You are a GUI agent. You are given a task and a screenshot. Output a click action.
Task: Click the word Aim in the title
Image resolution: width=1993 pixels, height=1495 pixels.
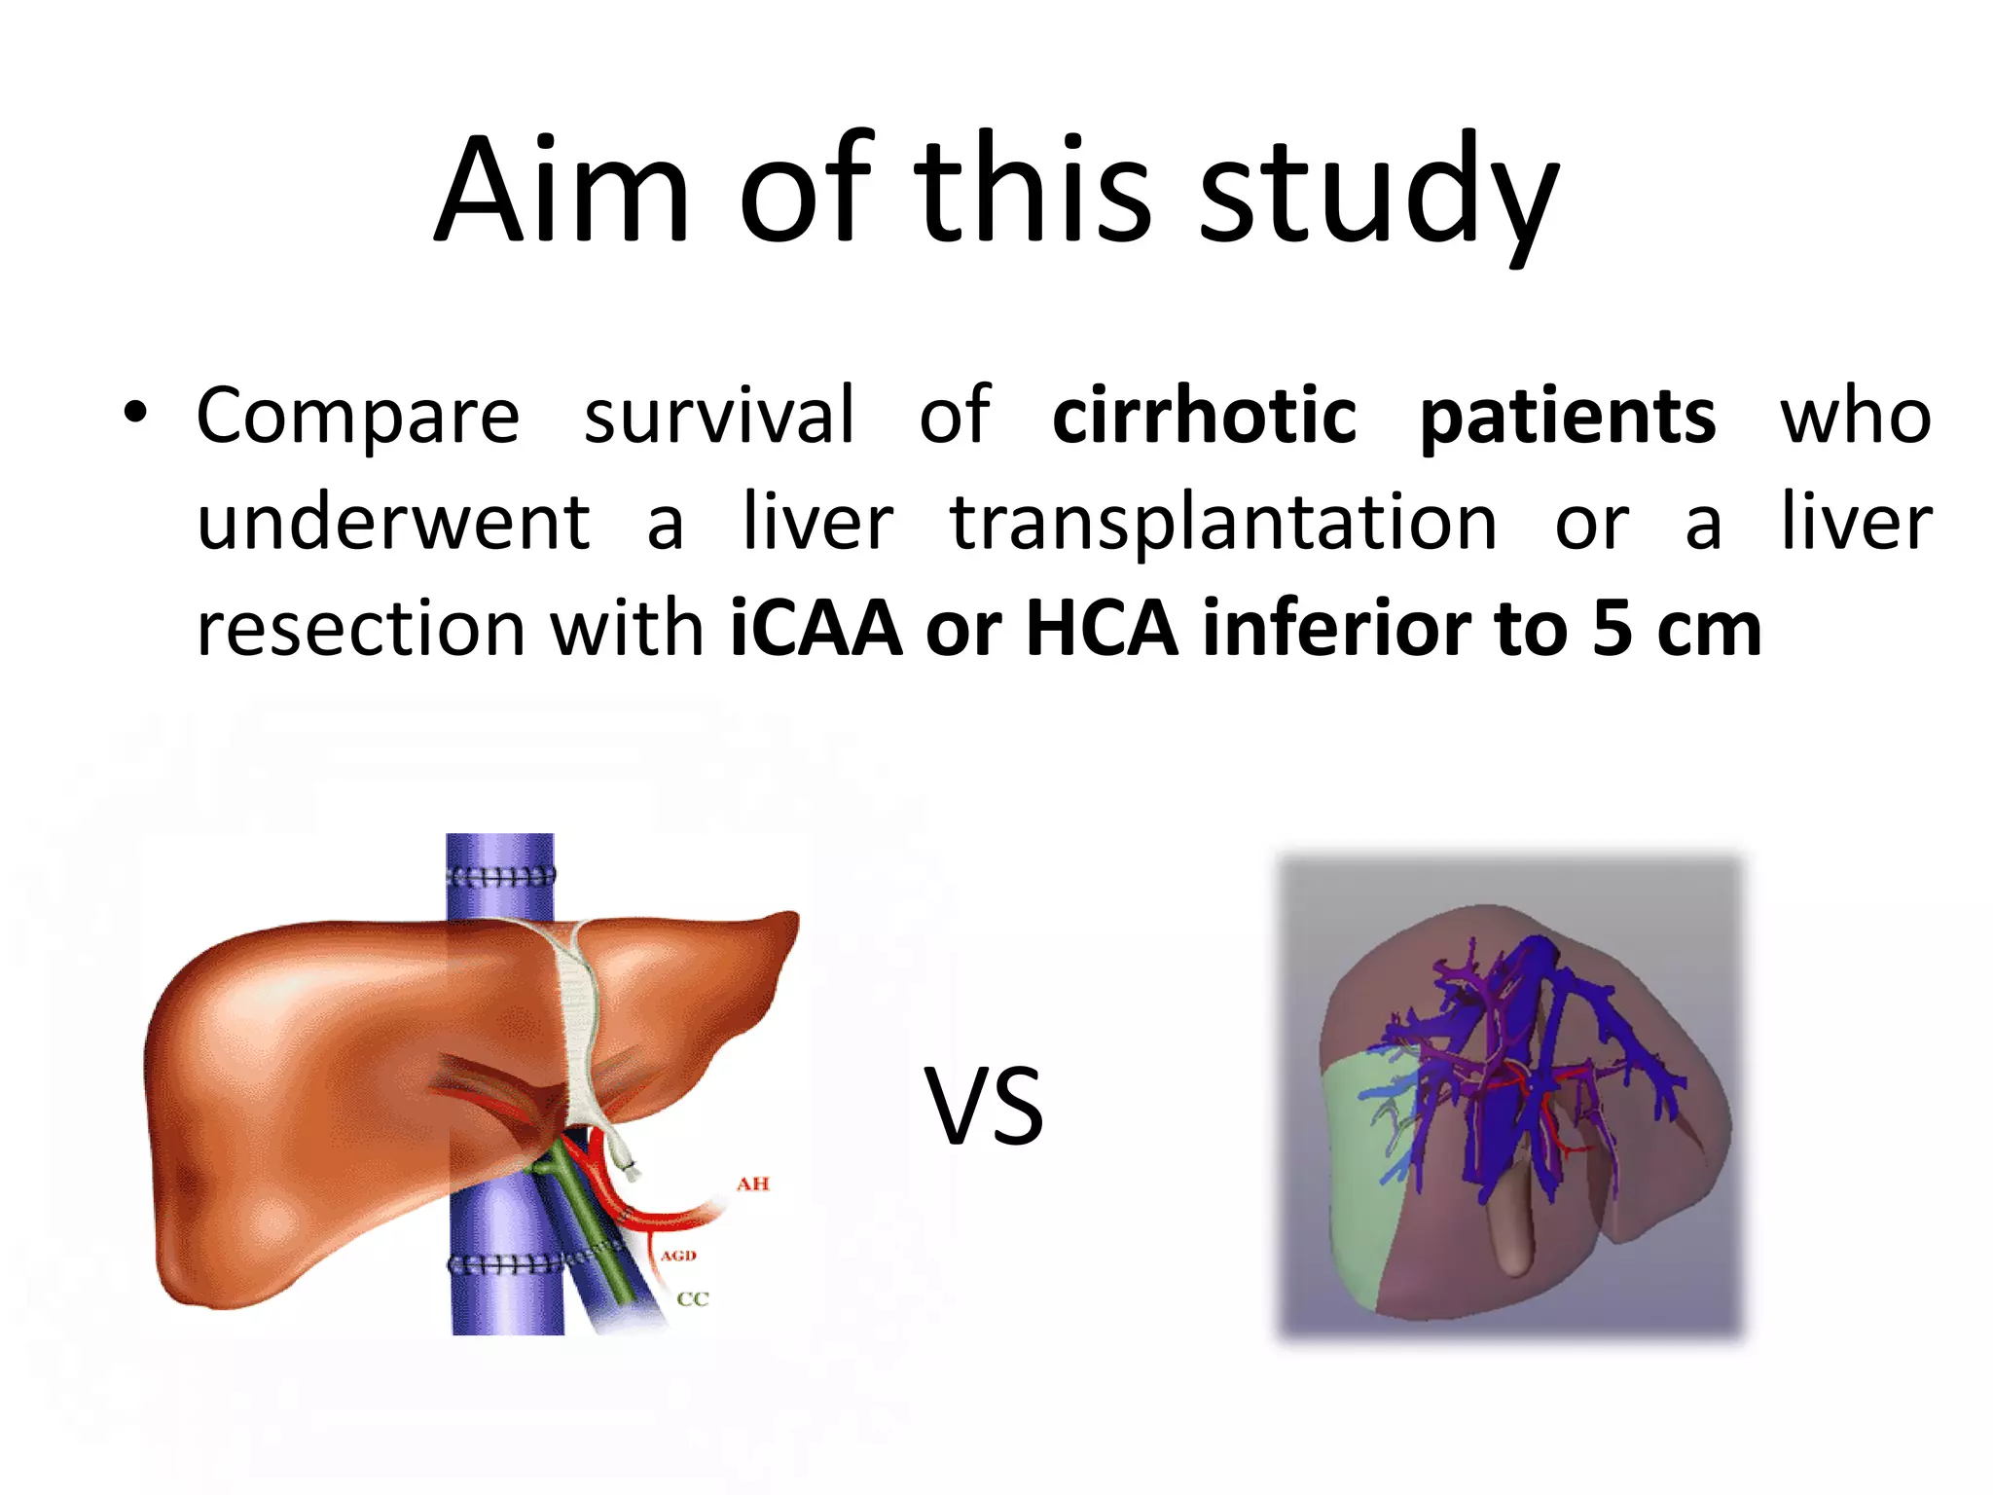coord(562,190)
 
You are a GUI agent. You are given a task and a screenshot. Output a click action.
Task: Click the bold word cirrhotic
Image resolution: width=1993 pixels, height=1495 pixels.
coord(1204,417)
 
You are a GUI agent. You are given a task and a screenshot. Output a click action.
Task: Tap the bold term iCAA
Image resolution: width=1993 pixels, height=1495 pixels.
coord(815,630)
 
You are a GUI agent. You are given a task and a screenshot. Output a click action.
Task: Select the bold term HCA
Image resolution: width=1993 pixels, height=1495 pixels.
coord(1102,630)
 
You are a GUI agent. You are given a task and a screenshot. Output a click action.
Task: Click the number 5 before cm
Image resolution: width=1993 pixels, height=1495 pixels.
coord(1613,630)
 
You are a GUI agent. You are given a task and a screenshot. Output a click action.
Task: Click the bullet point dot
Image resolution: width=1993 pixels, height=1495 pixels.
coord(135,416)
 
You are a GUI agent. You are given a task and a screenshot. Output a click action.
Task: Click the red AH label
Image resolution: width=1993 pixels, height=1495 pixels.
coord(752,1184)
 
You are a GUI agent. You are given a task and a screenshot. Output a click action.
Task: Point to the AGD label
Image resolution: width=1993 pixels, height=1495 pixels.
coord(678,1256)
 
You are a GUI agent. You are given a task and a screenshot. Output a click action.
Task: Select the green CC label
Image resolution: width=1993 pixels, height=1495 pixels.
coord(693,1298)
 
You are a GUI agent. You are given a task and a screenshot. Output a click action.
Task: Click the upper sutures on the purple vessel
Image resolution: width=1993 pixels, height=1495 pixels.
coord(500,875)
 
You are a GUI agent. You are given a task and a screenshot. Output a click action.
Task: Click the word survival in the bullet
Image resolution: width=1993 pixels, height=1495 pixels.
coord(719,417)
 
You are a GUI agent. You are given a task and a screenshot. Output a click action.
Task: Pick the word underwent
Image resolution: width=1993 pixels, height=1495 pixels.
coord(393,524)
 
